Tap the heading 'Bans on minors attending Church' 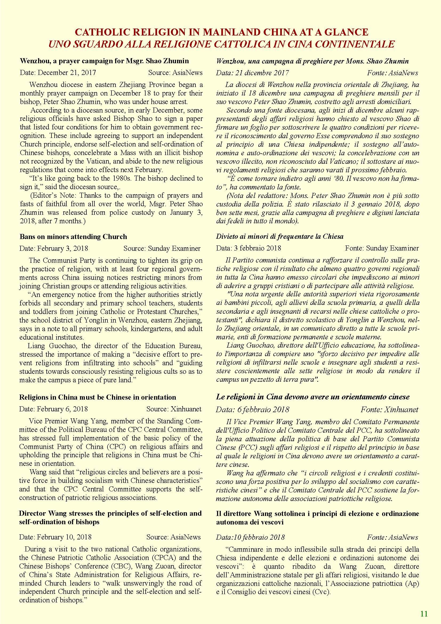[73, 237]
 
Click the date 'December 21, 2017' [67, 73]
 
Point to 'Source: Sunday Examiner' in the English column [162, 248]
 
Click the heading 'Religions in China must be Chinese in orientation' [98, 397]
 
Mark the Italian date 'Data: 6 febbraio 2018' [252, 410]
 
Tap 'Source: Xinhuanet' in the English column [174, 409]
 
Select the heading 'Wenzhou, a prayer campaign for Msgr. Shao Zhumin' [104, 61]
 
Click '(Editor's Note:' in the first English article [53, 195]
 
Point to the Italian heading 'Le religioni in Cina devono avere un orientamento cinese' [312, 397]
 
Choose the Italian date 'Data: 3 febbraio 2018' [248, 248]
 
